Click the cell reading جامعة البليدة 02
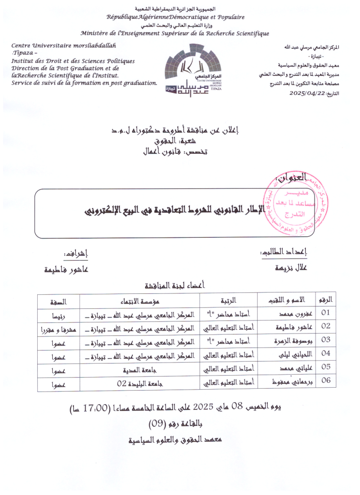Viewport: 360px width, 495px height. point(141,384)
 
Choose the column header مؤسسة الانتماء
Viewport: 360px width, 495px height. point(141,300)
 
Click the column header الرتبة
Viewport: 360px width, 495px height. point(228,300)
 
